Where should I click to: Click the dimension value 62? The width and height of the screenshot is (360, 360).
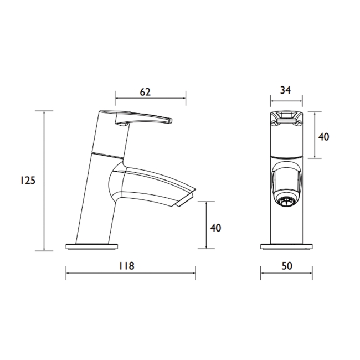145,92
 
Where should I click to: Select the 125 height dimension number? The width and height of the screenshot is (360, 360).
28,181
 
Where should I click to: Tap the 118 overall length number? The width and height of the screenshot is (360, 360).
126,266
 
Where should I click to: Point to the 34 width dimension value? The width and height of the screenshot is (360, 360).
285,90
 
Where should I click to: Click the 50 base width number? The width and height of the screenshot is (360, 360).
287,266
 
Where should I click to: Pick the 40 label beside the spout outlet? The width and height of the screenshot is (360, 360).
215,228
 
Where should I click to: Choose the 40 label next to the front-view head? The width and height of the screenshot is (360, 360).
323,137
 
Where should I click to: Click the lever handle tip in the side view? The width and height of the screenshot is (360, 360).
171,121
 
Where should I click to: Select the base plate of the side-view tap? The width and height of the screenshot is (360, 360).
92,246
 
